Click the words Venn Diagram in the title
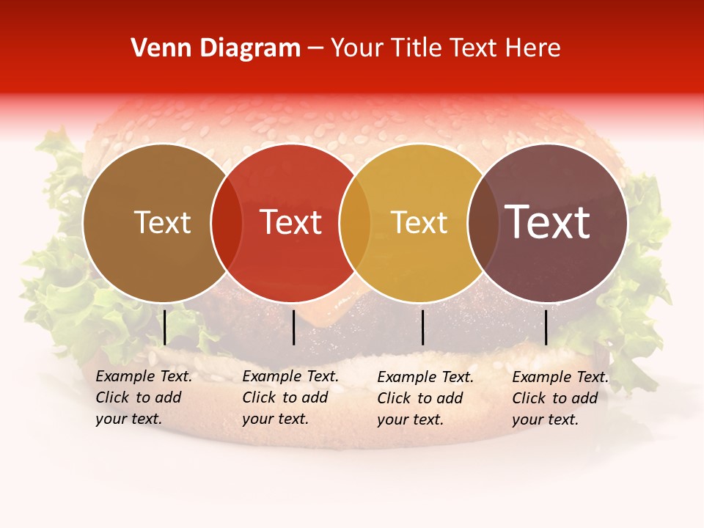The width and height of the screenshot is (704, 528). coord(216,48)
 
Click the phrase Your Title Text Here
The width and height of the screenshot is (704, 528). coord(445,48)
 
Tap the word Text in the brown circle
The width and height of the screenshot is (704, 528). coord(162,222)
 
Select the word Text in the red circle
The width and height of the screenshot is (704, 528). coord(290,222)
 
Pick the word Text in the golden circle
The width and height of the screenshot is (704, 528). coord(419,222)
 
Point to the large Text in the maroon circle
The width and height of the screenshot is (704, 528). coord(548,221)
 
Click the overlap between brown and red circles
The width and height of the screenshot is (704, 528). coord(227,222)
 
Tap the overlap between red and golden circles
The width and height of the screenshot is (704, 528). coord(355,222)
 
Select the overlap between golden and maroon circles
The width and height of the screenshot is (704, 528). coord(483,222)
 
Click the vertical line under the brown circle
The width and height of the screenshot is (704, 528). coord(165,327)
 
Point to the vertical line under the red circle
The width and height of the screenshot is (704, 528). coord(293,327)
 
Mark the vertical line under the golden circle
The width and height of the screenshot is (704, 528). coord(422,327)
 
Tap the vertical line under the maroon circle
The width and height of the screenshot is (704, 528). coord(546,327)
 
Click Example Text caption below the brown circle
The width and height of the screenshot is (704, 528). coord(144,376)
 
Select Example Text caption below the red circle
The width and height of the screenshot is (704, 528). coord(290,376)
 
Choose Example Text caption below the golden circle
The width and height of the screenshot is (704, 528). coord(425,377)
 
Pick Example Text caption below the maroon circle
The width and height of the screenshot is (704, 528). coord(560,377)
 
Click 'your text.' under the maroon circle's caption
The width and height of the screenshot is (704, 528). coord(545,419)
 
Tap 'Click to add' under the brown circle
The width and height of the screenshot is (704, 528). coord(138,397)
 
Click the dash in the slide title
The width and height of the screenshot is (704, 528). coord(315,49)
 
